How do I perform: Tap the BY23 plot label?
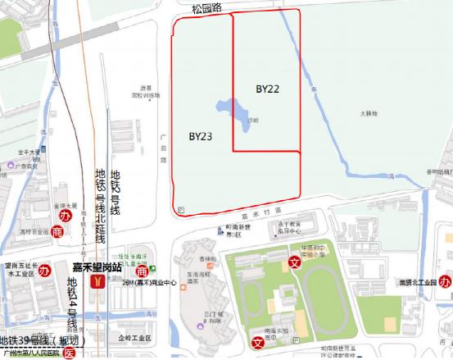tap(201, 136)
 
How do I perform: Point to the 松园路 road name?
tap(207, 8)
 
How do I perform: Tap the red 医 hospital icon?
tap(70, 353)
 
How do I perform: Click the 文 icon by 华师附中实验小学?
tap(294, 262)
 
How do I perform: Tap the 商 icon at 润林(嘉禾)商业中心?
tap(142, 271)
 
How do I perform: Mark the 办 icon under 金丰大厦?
tap(67, 216)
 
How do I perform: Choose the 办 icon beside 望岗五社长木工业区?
tap(46, 271)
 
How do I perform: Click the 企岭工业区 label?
tap(135, 337)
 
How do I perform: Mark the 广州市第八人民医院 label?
tap(33, 353)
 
